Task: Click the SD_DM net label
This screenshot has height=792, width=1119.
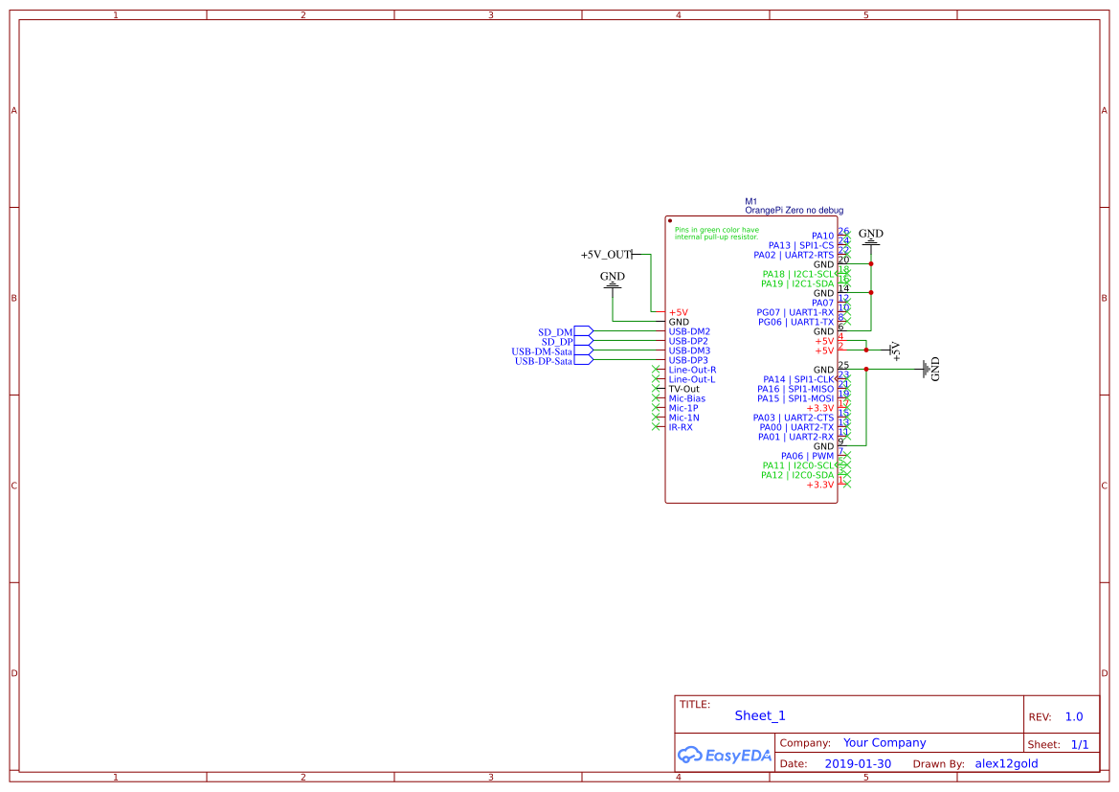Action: [x=557, y=332]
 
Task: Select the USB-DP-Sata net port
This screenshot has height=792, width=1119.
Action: [x=544, y=361]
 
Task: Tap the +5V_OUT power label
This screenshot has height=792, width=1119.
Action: [x=606, y=255]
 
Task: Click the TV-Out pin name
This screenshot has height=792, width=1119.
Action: [x=684, y=389]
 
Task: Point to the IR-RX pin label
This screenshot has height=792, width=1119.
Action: [x=681, y=427]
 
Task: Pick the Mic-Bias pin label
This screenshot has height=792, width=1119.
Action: [x=687, y=398]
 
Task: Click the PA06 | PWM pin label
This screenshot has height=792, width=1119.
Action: [x=807, y=456]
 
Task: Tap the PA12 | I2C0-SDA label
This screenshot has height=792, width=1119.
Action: [x=797, y=475]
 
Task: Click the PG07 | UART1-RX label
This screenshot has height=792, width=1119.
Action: [x=794, y=312]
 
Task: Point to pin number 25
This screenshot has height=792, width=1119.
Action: [x=843, y=365]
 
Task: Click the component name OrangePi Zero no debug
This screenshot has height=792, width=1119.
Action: [x=794, y=210]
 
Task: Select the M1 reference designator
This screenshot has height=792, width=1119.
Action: [x=751, y=201]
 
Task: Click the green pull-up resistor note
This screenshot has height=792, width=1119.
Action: [x=717, y=233]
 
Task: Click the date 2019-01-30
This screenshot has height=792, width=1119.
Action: [x=858, y=764]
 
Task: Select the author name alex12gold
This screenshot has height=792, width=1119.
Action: [x=1006, y=764]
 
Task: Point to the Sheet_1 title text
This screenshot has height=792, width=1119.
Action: [x=760, y=715]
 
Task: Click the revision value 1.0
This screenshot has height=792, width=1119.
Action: [x=1074, y=716]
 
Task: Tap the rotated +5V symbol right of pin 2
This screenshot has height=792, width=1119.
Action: [x=895, y=351]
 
